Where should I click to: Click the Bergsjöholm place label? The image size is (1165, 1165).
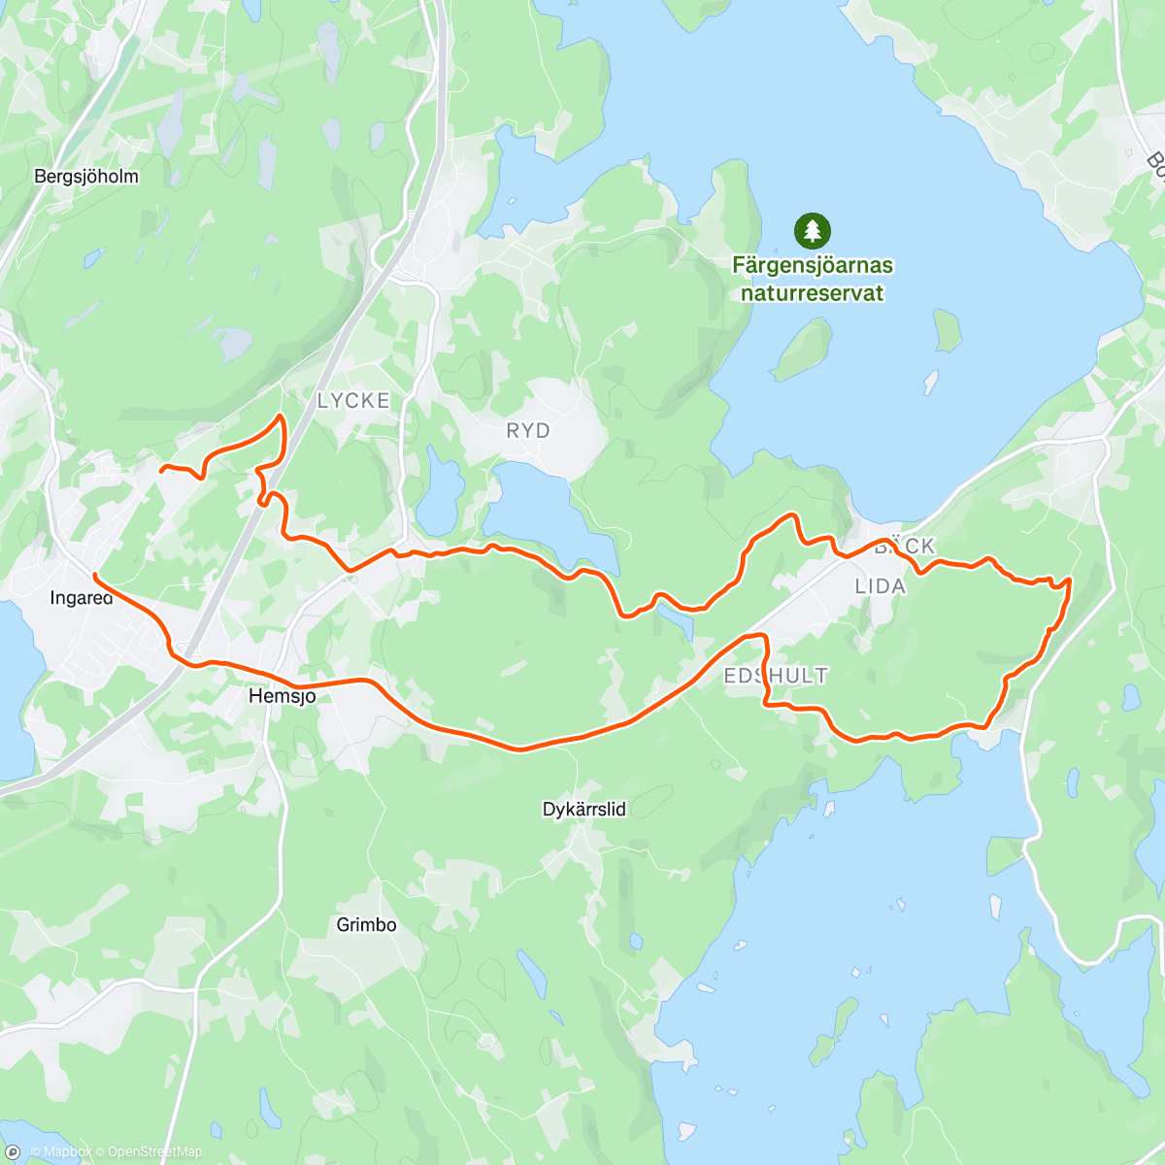85,177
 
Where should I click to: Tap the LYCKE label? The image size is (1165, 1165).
353,400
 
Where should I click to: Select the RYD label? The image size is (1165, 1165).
528,430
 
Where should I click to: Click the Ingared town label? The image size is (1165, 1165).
81,598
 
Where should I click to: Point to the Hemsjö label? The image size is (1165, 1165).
282,696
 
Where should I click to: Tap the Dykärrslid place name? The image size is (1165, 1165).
583,809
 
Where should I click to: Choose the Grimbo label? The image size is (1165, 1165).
366,924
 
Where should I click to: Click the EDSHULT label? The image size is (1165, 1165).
777,676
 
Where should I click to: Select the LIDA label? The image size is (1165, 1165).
880,585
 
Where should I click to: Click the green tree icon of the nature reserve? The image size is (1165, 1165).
812,231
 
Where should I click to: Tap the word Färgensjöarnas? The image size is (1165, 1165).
812,265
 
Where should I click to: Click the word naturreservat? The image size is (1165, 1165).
812,292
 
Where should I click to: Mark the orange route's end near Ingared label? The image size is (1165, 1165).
94,576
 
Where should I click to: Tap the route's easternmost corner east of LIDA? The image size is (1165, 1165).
1070,580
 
